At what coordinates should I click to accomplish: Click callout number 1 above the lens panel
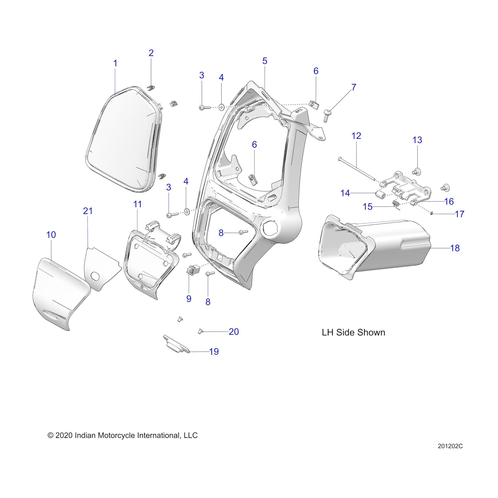click(115, 63)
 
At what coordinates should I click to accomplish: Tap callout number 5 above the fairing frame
click(265, 61)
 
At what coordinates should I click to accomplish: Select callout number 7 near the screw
click(354, 87)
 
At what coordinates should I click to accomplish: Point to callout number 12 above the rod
click(356, 136)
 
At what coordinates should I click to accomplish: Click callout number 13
click(417, 140)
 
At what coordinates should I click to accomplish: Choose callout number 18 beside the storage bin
click(455, 248)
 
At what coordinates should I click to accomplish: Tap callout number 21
click(88, 211)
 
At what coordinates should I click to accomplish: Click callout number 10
click(51, 235)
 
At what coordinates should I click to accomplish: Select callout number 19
click(214, 352)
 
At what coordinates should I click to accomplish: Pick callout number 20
click(234, 332)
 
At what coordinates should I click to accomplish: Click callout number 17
click(460, 214)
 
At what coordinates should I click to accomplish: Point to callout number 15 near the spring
click(368, 207)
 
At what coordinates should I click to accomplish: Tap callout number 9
click(189, 299)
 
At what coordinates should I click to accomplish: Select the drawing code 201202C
click(450, 453)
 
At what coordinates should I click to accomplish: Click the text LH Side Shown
click(353, 332)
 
